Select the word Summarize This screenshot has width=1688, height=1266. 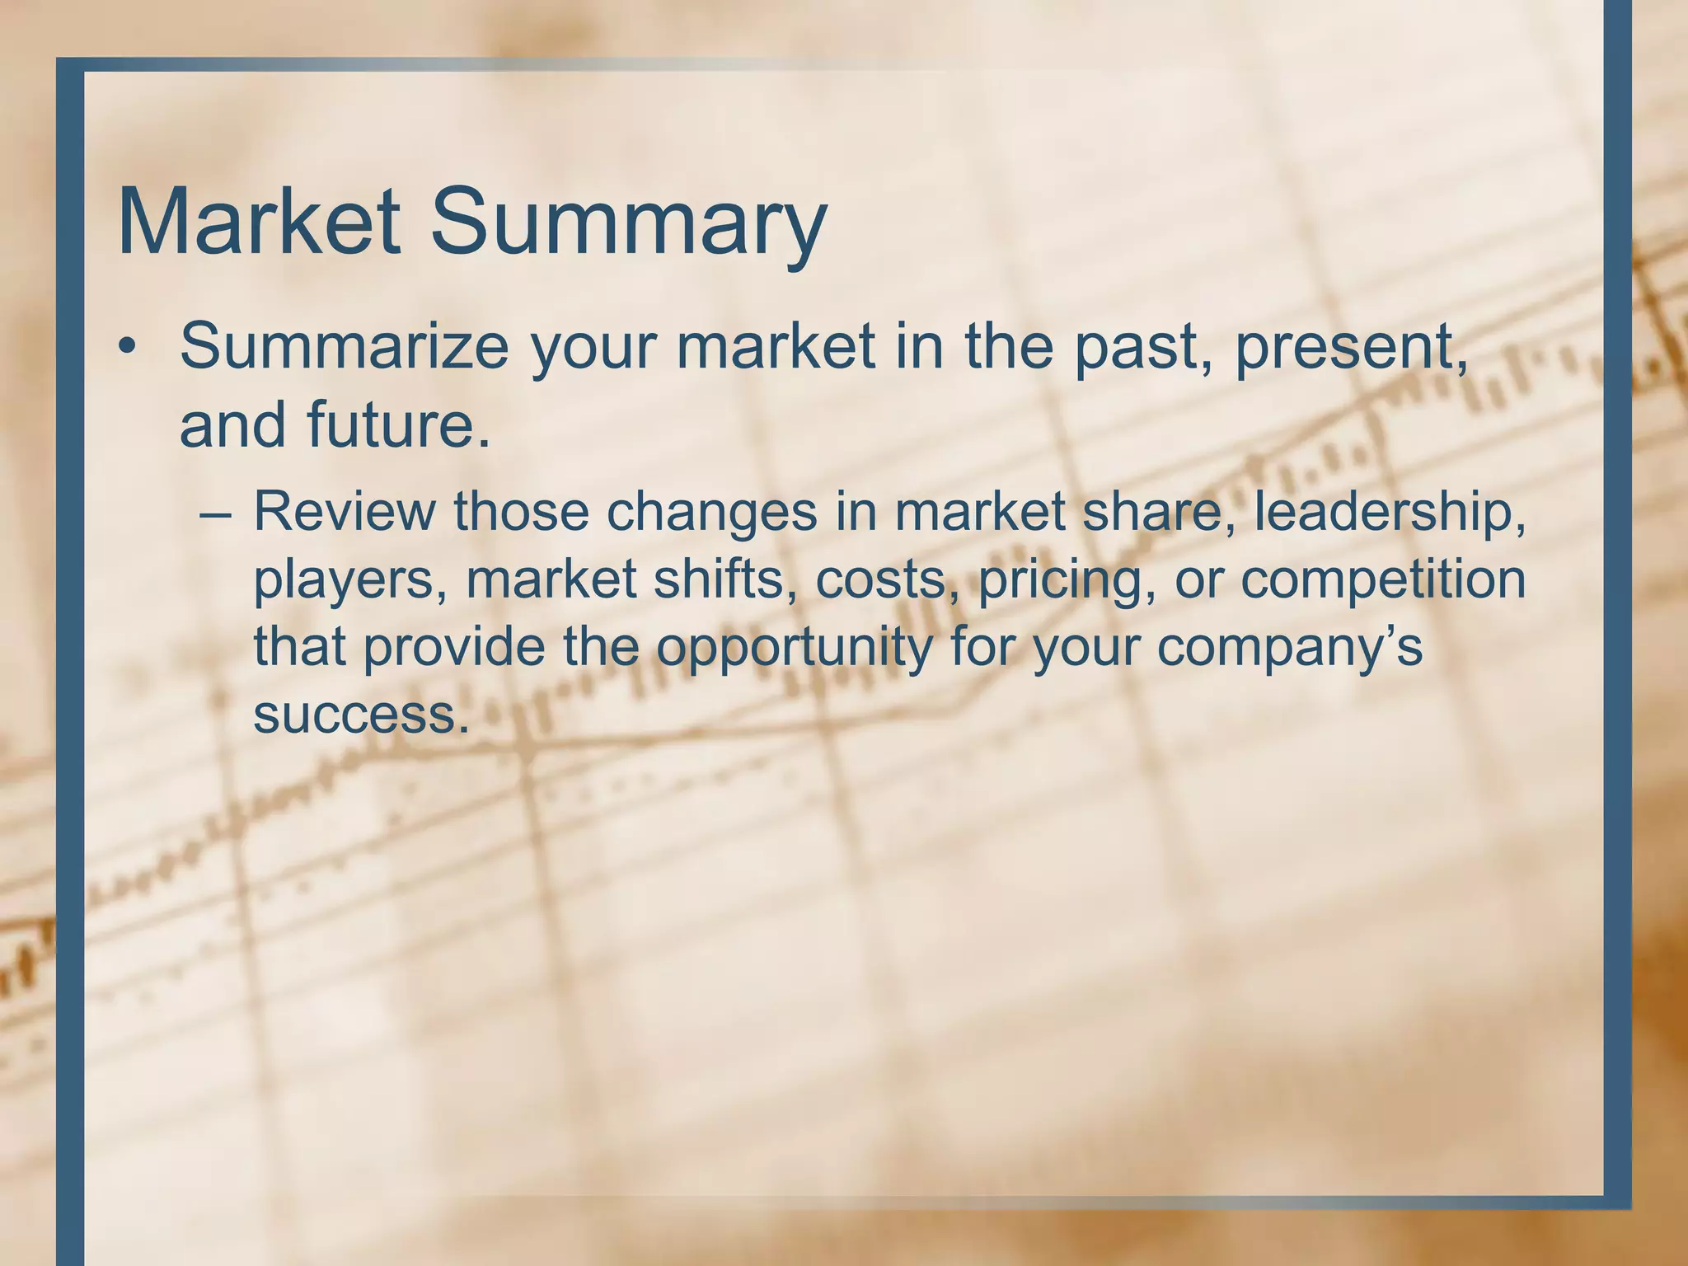tap(345, 346)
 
